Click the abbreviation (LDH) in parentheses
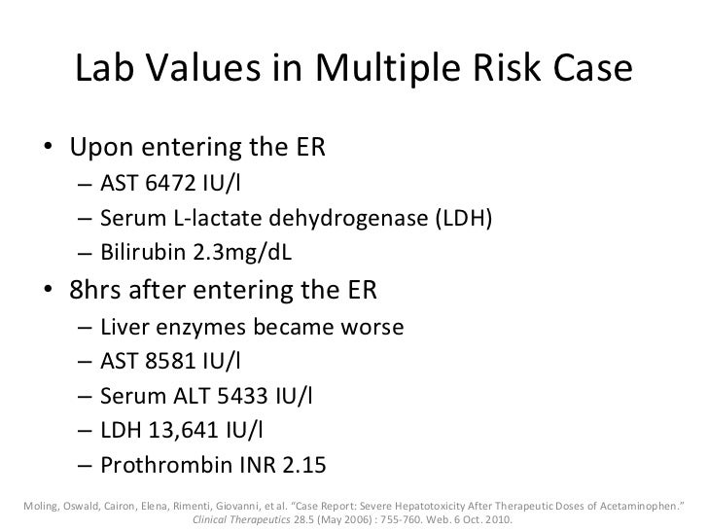click(458, 221)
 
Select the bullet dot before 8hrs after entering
click(48, 292)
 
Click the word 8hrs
click(100, 292)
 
